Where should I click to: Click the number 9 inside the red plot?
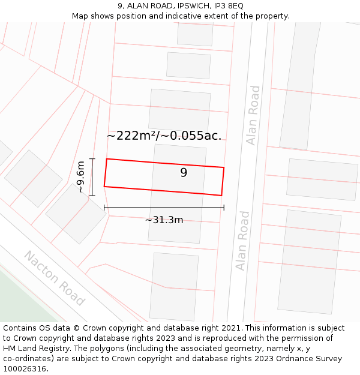[x=184, y=173]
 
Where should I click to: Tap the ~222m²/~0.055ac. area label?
[x=164, y=136]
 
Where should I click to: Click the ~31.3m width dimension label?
[x=164, y=220]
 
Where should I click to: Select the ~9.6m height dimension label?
[x=80, y=177]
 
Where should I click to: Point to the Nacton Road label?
[x=54, y=278]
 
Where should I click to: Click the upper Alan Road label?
[x=254, y=115]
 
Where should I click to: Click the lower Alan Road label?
[x=242, y=240]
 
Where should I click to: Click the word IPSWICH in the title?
[x=185, y=6]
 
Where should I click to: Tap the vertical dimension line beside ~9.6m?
[x=92, y=177]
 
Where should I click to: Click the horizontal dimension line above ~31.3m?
[x=164, y=208]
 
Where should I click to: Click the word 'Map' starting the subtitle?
[x=80, y=16]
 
